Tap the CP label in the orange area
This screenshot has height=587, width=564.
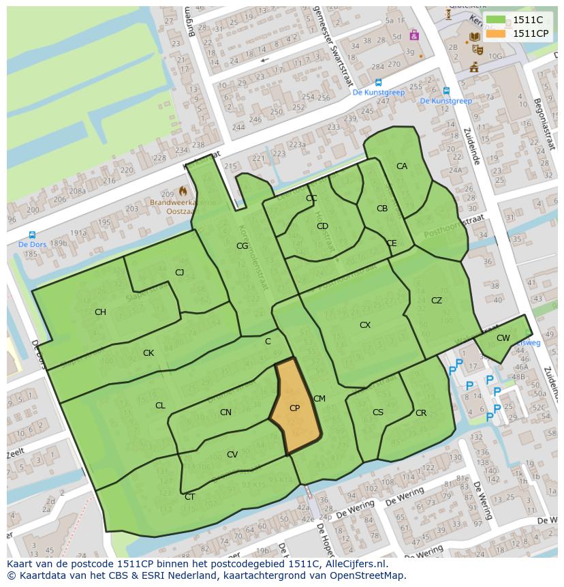coord(295,408)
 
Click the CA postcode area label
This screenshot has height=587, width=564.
coord(402,166)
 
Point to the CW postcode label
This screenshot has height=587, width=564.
coord(503,338)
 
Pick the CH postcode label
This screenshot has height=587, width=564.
coord(100,312)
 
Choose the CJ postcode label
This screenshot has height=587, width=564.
coord(180,273)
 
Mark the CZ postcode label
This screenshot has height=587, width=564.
coord(437,301)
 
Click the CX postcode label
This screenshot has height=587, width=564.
coord(365,325)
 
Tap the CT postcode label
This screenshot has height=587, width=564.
coord(189,497)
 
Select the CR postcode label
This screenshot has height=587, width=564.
coord(421,413)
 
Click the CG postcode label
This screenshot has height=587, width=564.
coord(242,246)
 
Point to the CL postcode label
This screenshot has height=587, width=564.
coord(160,406)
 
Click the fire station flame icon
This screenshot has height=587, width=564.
coord(183,192)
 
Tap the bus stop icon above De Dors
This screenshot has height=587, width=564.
coord(32,235)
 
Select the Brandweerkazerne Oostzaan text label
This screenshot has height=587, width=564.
coord(183,207)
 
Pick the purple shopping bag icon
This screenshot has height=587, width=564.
coord(413,35)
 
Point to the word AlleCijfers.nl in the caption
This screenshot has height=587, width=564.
coord(355,564)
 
